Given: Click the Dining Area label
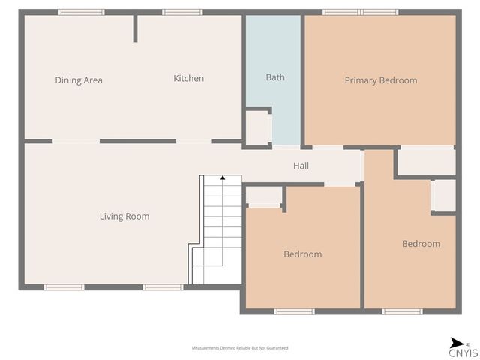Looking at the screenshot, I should click(x=79, y=80).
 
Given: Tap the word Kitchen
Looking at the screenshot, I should click(x=188, y=78).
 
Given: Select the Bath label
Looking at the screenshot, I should click(x=275, y=77).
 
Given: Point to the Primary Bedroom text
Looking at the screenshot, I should click(x=380, y=80).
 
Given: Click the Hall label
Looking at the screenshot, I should click(x=301, y=166).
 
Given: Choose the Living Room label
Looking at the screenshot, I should click(x=124, y=217).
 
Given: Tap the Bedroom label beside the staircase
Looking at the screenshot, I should click(x=302, y=254).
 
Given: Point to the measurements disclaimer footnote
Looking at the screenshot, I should click(x=240, y=348).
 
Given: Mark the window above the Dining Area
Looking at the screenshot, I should click(x=81, y=12).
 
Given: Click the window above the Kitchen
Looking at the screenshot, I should click(x=182, y=12).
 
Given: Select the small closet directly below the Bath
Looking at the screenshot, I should click(x=259, y=128).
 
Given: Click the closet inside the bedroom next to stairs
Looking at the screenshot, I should click(x=264, y=196).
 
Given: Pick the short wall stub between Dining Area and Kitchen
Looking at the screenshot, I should click(x=136, y=28).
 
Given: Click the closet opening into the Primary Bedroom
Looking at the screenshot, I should click(x=425, y=161).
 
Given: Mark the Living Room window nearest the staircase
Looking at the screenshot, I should click(x=163, y=287).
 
